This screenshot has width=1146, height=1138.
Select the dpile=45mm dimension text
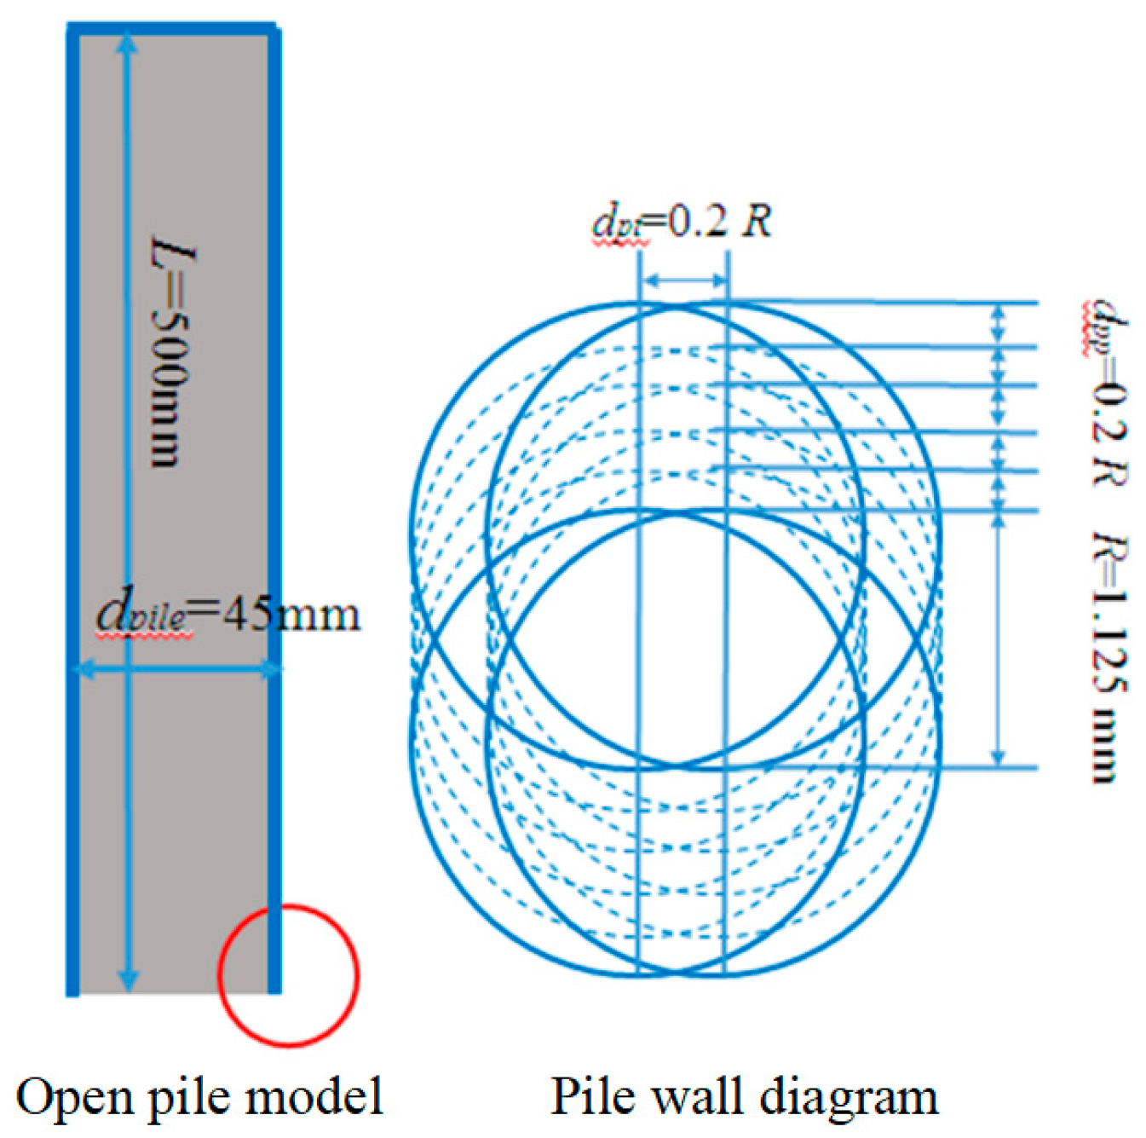227,614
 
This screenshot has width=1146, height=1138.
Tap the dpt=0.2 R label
682,222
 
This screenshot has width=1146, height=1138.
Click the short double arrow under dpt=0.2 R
684,280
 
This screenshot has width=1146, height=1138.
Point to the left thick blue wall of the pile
73,511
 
